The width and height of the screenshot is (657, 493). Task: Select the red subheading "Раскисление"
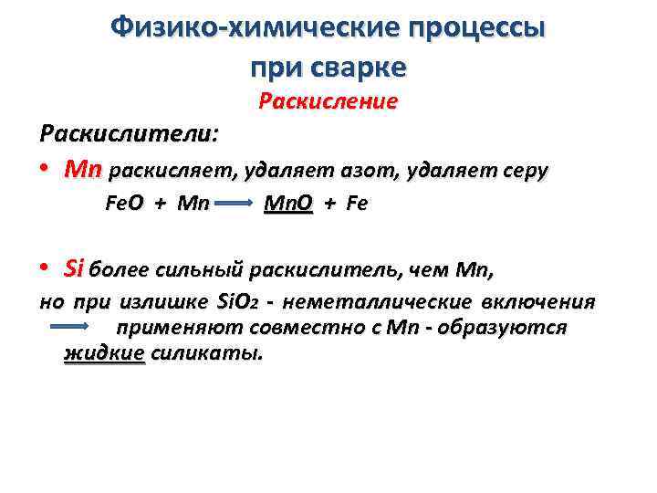coord(328,101)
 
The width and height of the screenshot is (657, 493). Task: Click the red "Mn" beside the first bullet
coord(83,171)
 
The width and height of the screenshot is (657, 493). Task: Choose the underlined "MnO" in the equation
coord(287,204)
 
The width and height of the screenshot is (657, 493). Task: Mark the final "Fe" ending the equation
coord(357,204)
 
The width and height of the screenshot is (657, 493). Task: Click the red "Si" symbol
coord(75,268)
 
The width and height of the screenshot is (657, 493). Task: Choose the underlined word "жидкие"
coord(104,353)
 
